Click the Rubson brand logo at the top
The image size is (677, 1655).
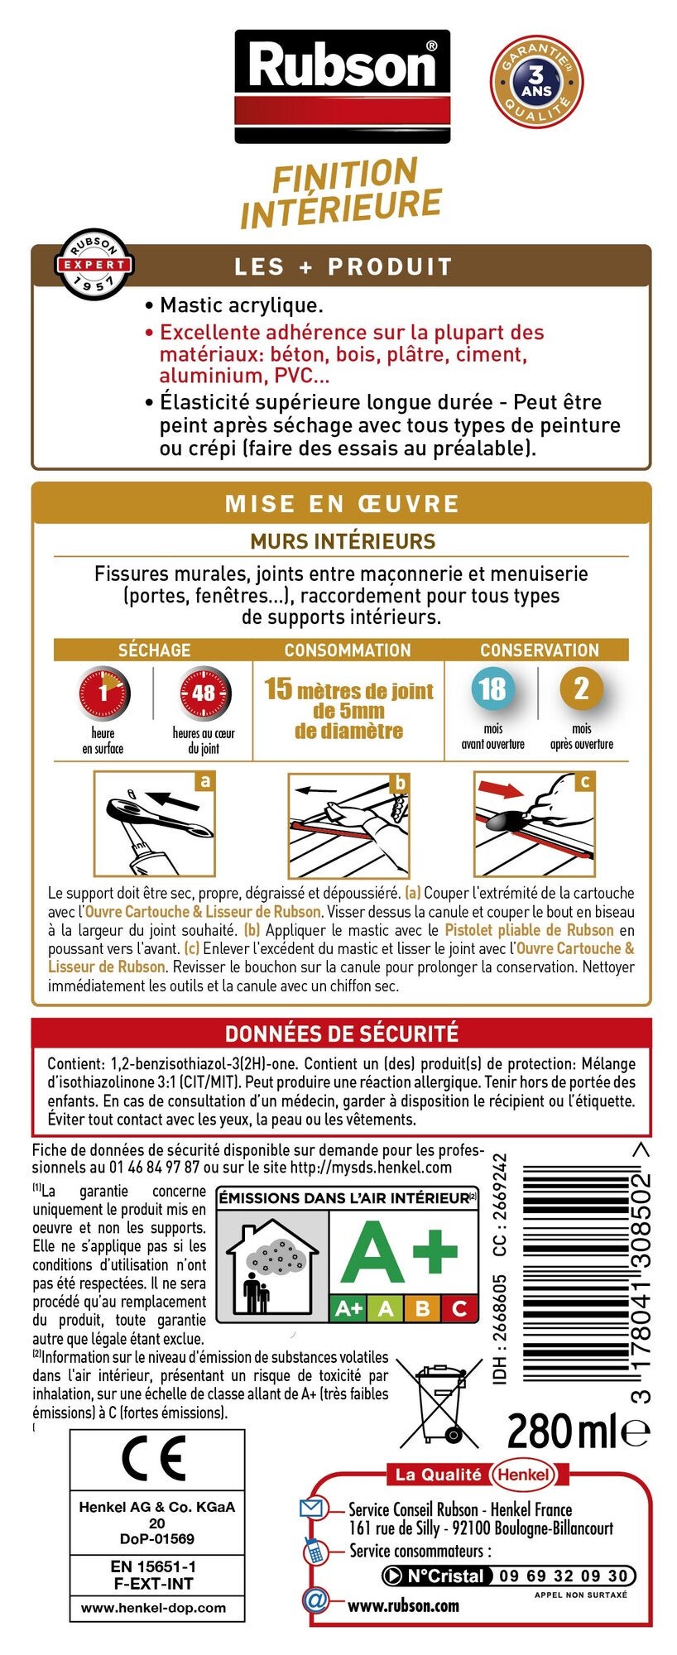point(342,86)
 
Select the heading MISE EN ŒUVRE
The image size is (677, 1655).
point(342,504)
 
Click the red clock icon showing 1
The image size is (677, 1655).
point(103,693)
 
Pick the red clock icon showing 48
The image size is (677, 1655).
point(204,693)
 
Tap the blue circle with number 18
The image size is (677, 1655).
point(492,688)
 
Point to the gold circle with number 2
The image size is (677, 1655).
point(581,688)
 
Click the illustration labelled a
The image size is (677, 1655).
point(154,824)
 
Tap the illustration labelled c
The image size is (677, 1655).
point(535,823)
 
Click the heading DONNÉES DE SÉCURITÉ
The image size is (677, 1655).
point(342,1034)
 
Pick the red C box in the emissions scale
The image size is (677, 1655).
point(459,1308)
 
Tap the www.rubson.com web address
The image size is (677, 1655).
point(403,1605)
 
